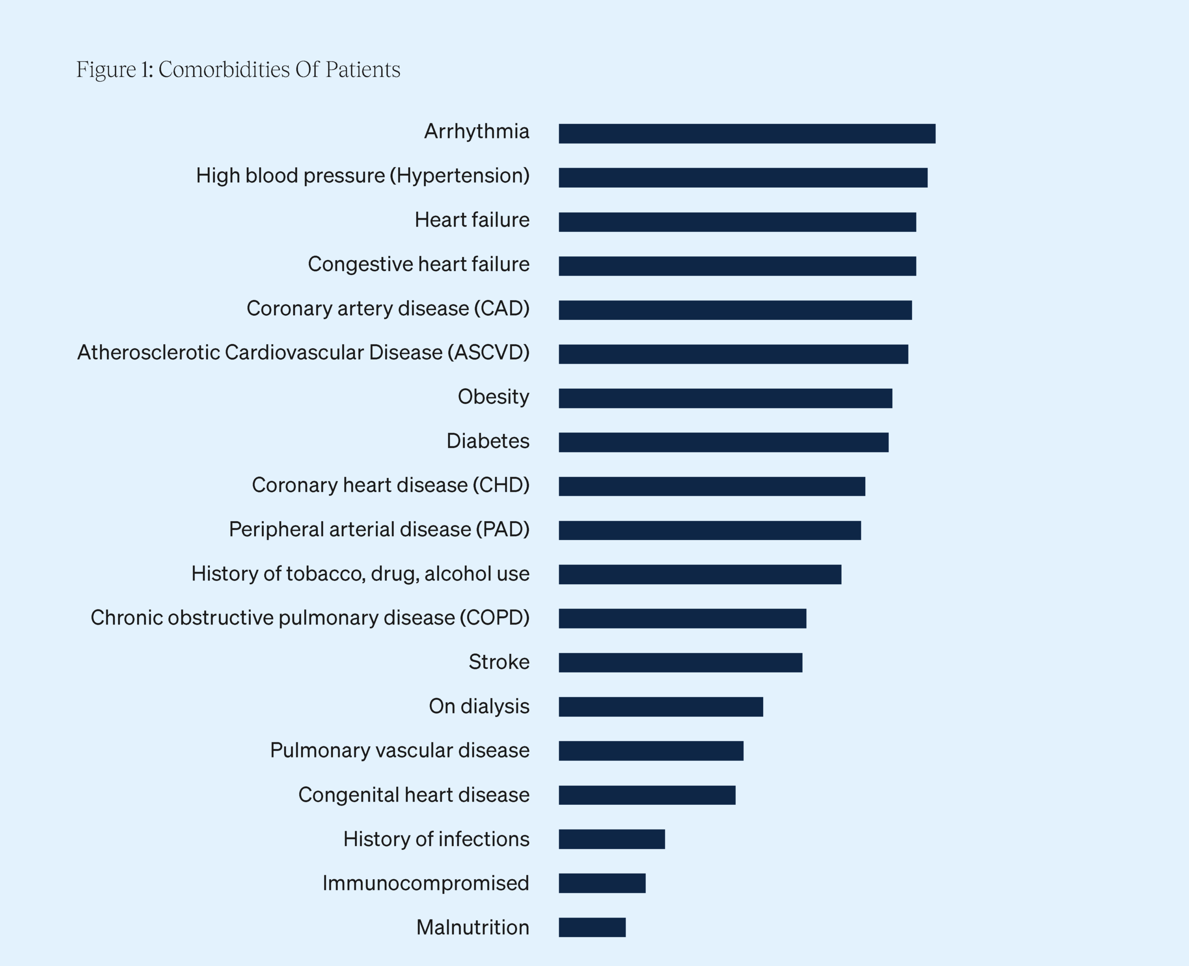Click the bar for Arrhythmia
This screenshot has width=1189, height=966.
pos(747,134)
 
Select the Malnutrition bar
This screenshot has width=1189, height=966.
pos(592,927)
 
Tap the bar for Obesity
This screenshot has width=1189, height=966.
pos(725,398)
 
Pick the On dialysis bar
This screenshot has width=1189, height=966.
pos(660,707)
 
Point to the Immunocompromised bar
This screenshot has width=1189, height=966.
pos(602,883)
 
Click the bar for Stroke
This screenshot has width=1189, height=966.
pos(680,663)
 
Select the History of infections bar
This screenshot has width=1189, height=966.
pos(612,839)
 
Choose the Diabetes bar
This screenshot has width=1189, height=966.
pos(723,443)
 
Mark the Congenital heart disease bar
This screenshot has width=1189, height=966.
pos(647,795)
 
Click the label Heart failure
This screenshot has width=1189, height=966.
pos(472,220)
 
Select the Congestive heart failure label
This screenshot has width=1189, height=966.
pos(418,264)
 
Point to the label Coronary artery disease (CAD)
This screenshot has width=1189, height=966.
pos(388,308)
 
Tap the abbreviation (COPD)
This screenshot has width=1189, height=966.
pos(494,618)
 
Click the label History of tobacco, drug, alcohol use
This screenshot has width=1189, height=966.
pos(360,574)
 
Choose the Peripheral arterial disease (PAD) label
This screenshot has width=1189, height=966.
pos(379,529)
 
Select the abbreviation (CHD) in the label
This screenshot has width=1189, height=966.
pos(501,485)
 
